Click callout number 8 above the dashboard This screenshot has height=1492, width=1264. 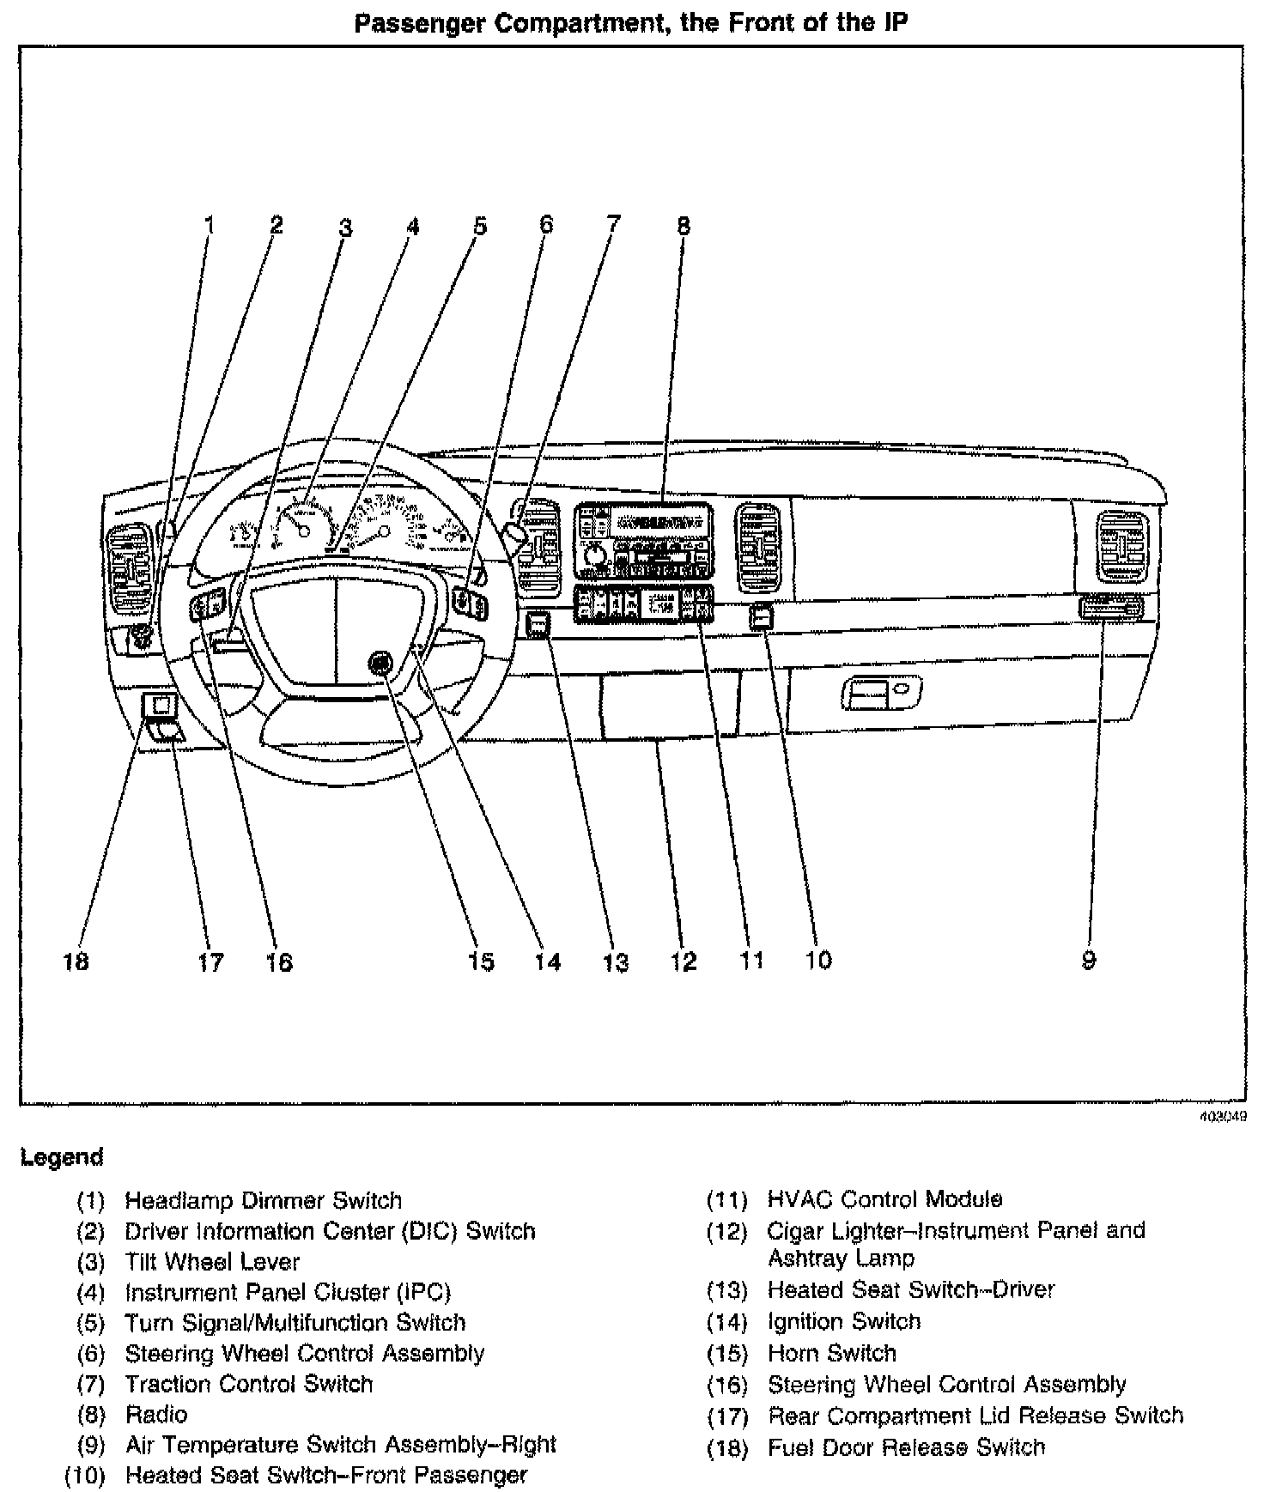pyautogui.click(x=684, y=226)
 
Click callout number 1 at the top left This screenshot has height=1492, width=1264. pyautogui.click(x=209, y=225)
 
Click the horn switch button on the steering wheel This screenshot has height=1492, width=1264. pyautogui.click(x=380, y=664)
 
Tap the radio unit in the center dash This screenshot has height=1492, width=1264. pyautogui.click(x=643, y=539)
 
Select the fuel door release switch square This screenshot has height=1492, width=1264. pyautogui.click(x=161, y=705)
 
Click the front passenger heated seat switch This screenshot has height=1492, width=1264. pyautogui.click(x=762, y=616)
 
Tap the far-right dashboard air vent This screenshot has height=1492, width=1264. pyautogui.click(x=1123, y=544)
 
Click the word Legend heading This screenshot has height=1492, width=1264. pyautogui.click(x=62, y=1157)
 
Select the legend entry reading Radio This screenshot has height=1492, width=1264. pyautogui.click(x=156, y=1414)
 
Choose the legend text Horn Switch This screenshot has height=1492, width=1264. pyautogui.click(x=831, y=1353)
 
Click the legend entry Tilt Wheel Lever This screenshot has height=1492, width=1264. pyautogui.click(x=212, y=1262)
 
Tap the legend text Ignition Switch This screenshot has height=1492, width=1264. pyautogui.click(x=843, y=1321)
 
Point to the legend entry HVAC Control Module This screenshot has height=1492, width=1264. pyautogui.click(x=884, y=1199)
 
